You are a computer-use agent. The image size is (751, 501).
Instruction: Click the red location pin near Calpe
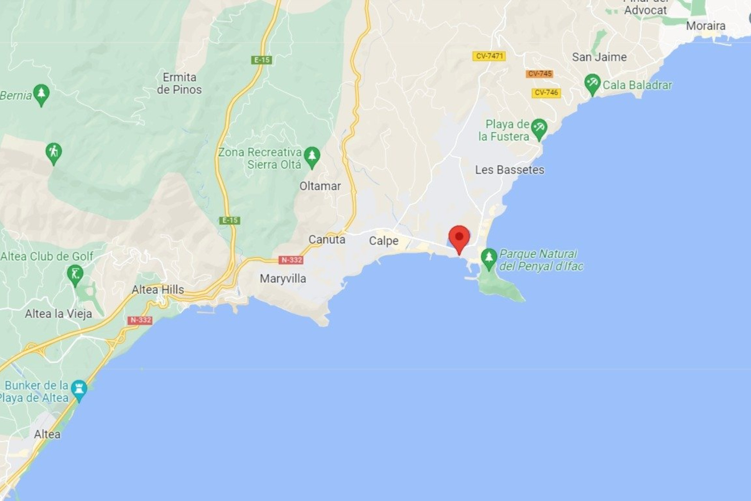pos(459,238)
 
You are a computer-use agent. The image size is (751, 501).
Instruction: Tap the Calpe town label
pos(383,241)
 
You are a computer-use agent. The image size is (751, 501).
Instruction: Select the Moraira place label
pos(705,26)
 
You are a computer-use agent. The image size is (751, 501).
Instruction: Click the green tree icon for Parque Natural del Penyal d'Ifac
pos(489,258)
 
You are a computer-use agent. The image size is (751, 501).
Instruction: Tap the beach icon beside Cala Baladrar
pos(592,84)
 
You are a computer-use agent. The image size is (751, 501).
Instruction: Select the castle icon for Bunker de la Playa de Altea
pos(79,389)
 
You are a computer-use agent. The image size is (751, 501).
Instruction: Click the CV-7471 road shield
pos(489,56)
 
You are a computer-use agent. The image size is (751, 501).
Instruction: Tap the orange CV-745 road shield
pos(539,74)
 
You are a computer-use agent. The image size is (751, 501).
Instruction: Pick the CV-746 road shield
pos(546,93)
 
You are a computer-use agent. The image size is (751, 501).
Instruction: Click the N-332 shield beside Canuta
pos(291,260)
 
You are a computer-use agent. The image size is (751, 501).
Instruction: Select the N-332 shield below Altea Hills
pos(140,320)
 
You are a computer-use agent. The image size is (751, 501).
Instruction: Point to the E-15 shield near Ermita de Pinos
pos(262,60)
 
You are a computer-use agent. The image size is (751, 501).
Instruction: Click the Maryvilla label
pos(283,279)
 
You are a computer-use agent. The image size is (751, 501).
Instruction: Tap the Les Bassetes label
pos(509,170)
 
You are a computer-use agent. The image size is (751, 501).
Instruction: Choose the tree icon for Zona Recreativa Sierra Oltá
pos(312,156)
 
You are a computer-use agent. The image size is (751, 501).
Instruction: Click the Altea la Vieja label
pos(58,314)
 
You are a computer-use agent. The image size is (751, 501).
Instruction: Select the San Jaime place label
pos(599,57)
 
